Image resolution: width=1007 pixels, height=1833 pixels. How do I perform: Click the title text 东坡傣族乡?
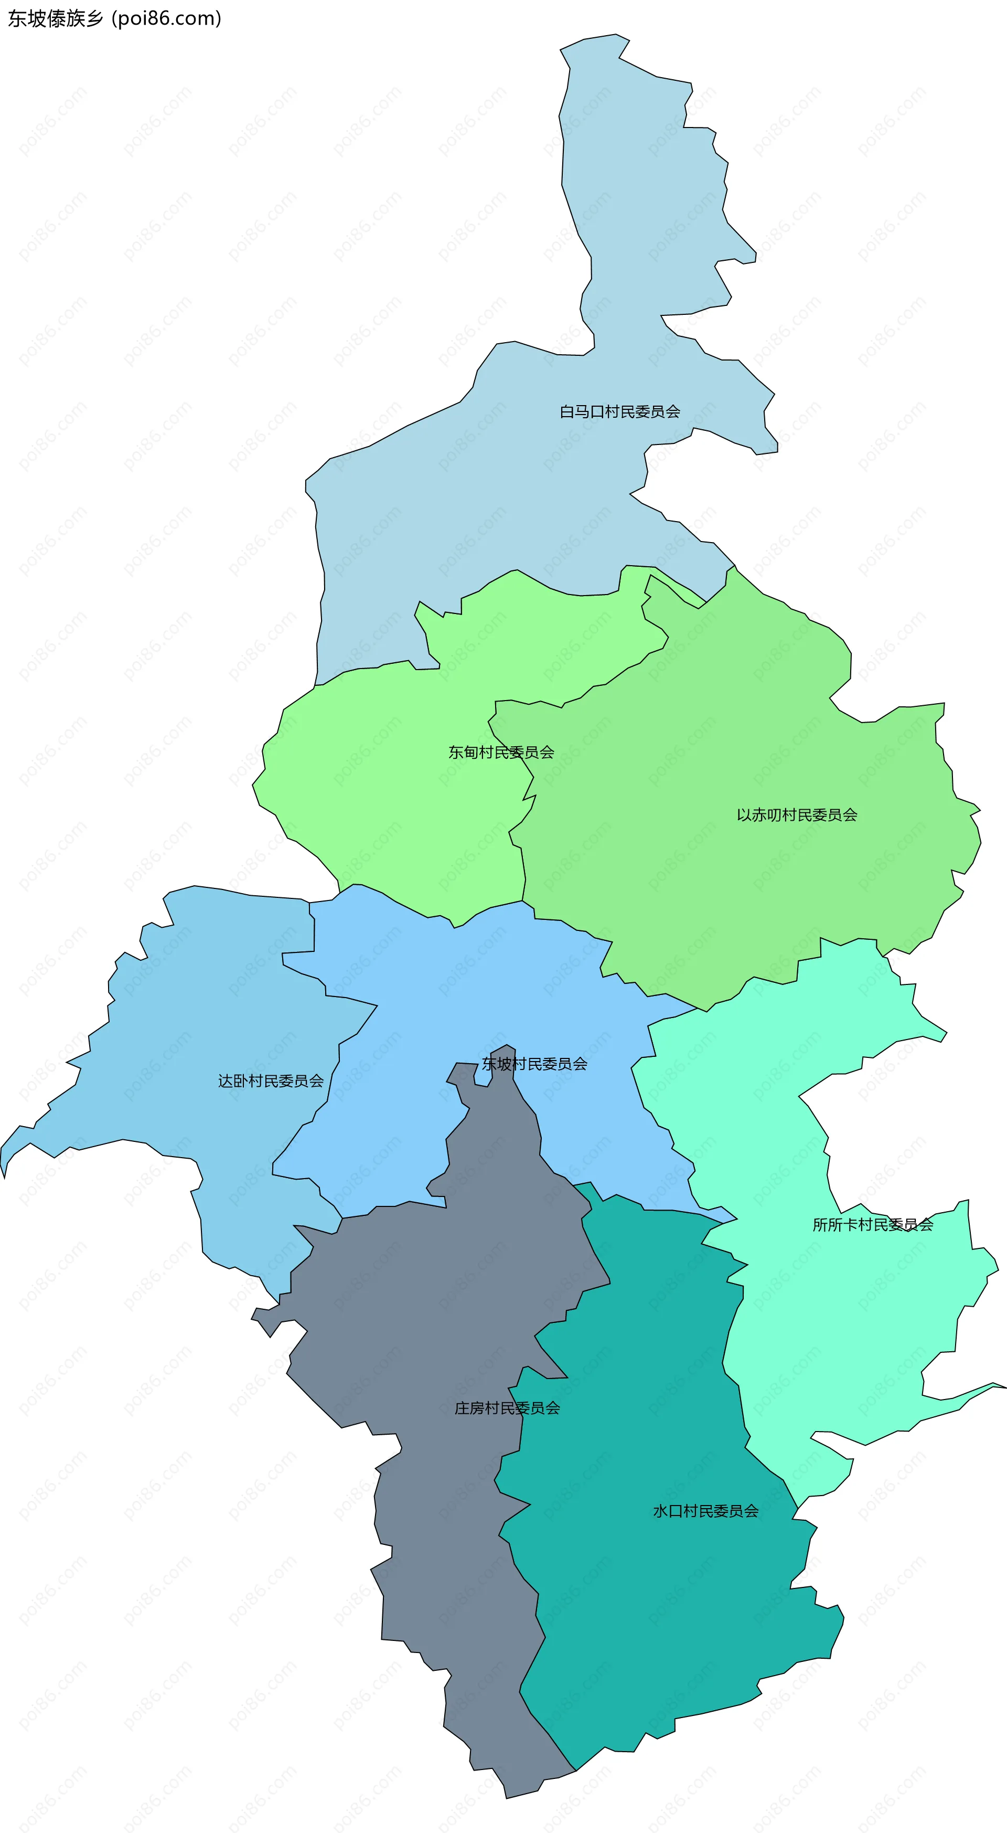coord(56,18)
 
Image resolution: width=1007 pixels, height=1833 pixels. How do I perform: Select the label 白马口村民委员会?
coord(619,411)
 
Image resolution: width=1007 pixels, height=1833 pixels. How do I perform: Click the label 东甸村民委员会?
coord(501,752)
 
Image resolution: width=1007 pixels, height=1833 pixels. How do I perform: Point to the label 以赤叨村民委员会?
coord(797,815)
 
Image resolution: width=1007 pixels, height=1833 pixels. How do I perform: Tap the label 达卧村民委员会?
coord(270,1081)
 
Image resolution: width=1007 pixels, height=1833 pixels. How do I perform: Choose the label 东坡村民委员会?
coord(534,1064)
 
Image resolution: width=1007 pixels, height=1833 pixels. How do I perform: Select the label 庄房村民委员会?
coord(507,1408)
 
